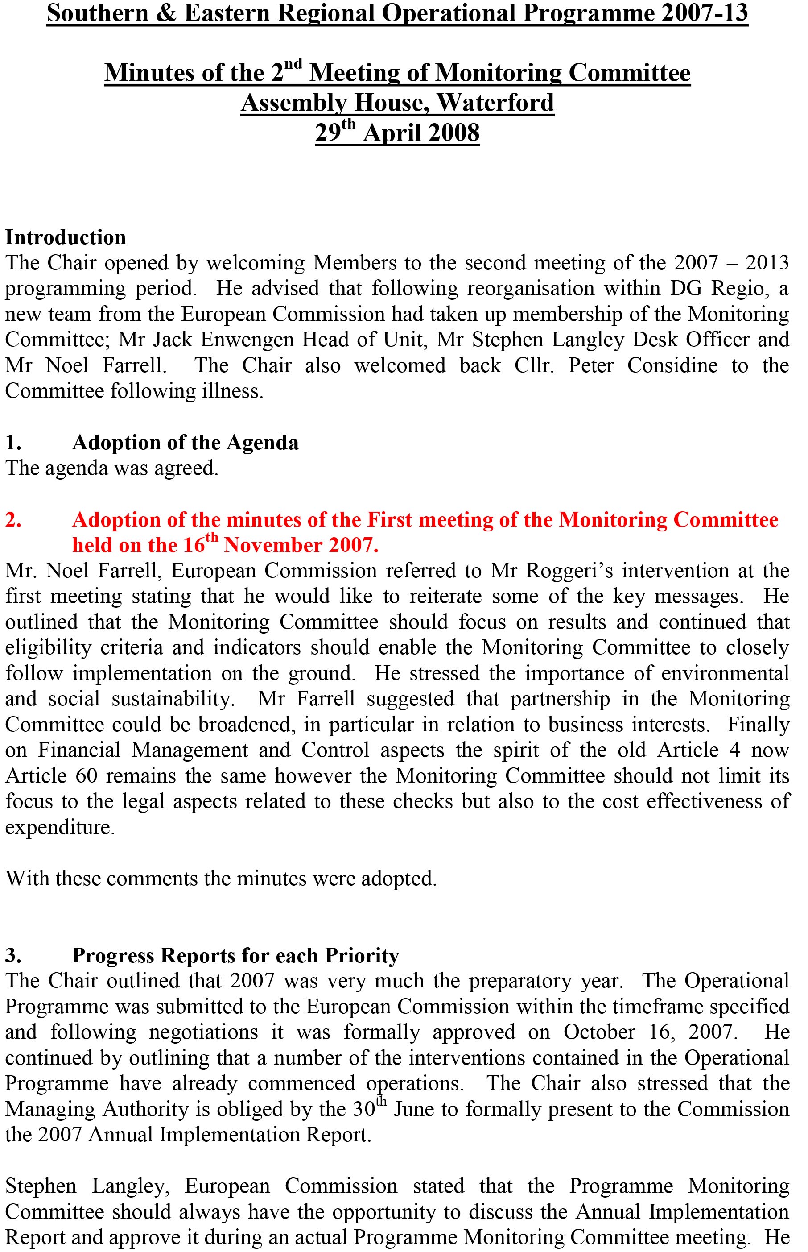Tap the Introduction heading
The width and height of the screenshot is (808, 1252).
click(x=66, y=237)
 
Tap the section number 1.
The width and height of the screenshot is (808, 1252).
click(x=13, y=443)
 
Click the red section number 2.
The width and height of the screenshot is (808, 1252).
click(x=13, y=520)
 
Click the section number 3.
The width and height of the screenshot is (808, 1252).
click(x=13, y=955)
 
